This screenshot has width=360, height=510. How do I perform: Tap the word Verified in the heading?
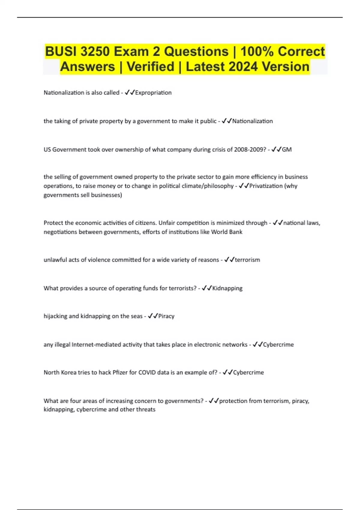tap(150, 67)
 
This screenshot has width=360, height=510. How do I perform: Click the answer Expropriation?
tap(153, 93)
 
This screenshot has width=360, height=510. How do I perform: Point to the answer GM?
tap(287, 149)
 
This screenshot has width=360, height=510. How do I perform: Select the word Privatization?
tap(266, 186)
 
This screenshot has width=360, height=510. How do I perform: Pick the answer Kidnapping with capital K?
tap(227, 288)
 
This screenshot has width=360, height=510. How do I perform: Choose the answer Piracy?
tap(166, 316)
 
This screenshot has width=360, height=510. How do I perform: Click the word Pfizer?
tap(120, 373)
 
